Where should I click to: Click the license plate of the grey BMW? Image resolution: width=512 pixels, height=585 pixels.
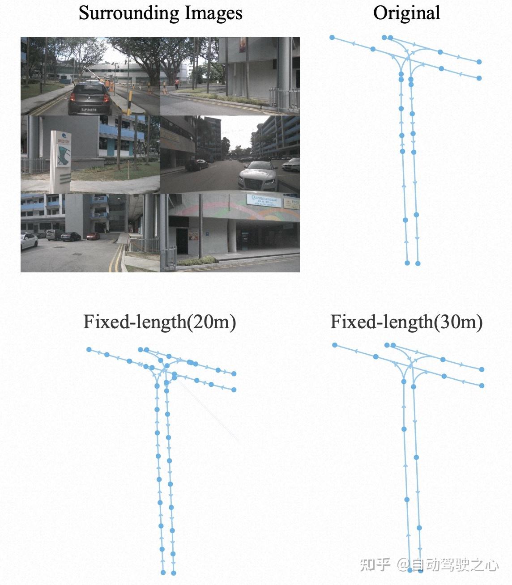pos(89,109)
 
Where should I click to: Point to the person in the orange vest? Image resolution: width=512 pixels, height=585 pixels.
pos(177,84)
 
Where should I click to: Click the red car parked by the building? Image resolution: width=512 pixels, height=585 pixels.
pos(93,236)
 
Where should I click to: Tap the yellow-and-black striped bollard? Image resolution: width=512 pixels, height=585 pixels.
pos(129,102)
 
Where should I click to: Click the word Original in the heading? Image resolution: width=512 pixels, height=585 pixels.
pos(406,13)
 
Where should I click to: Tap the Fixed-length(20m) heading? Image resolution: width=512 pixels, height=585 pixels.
pos(159,322)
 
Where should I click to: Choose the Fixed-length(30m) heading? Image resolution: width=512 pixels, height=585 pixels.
pos(406,322)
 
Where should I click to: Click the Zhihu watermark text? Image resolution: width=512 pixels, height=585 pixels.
pos(429,564)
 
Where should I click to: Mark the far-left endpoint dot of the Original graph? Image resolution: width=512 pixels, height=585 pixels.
pos(332,38)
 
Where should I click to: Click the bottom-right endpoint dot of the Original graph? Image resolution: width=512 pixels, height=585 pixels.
pos(418,263)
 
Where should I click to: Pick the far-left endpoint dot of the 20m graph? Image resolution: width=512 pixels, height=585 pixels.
pos(89,349)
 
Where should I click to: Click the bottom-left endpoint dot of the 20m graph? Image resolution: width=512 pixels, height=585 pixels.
pos(163,572)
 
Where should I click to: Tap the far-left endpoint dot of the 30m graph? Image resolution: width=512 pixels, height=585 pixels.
pos(335,345)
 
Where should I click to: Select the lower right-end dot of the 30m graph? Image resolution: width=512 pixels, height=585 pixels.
pos(482,386)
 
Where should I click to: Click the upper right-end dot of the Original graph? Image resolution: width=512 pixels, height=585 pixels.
pos(479,62)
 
